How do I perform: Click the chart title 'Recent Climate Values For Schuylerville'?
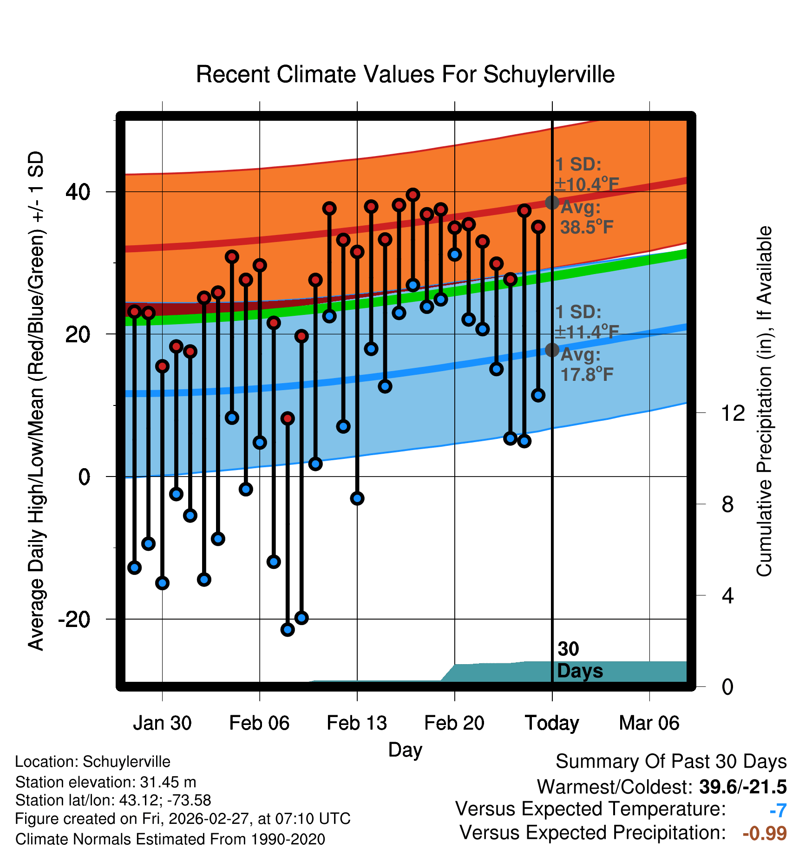[405, 74]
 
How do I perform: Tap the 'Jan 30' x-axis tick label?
[162, 723]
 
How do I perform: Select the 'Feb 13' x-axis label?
[357, 723]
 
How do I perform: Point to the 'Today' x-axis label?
[552, 723]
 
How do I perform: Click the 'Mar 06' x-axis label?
[649, 723]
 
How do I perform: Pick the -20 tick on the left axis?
[74, 619]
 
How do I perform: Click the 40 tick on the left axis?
[78, 192]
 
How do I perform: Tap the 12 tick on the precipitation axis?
[733, 413]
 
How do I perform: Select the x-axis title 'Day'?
[405, 750]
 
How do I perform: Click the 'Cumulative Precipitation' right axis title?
[764, 402]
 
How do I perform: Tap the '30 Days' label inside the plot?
[579, 660]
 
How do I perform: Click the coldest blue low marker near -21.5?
[288, 629]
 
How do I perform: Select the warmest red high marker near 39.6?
[413, 195]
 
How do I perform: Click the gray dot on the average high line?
[552, 202]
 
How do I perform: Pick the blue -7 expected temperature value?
[778, 810]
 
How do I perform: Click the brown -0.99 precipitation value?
[764, 833]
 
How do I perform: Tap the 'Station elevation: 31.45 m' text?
[105, 782]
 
